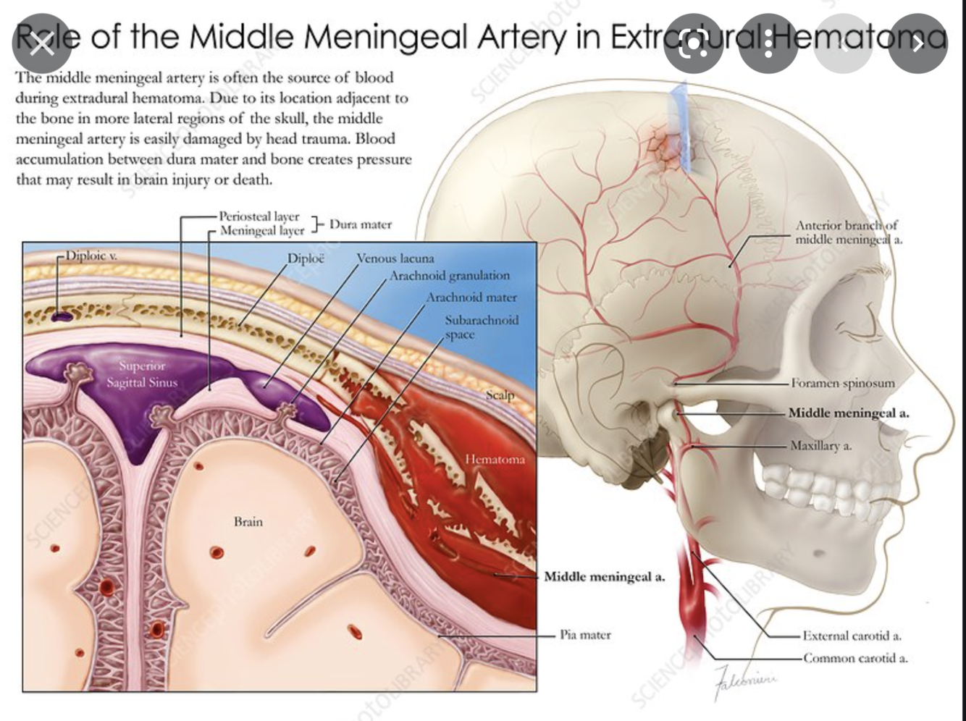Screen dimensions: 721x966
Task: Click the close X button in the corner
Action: (41, 43)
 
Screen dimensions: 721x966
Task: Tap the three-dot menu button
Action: (768, 43)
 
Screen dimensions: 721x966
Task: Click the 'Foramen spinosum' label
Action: (842, 383)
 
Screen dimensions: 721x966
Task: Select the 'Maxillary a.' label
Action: (820, 446)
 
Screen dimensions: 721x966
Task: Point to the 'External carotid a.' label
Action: (852, 636)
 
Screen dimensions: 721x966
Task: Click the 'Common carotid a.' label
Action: (854, 658)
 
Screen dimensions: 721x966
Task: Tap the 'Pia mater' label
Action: (585, 635)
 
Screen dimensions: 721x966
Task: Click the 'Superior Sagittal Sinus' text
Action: (142, 374)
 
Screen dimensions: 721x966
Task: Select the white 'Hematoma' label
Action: (495, 459)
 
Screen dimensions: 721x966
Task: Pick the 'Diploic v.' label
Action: (92, 256)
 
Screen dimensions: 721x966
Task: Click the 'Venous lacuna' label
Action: (395, 258)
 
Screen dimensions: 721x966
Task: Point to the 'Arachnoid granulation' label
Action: (449, 276)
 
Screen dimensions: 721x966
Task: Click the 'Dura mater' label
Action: (360, 224)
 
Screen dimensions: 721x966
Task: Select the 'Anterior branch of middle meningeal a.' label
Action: (849, 232)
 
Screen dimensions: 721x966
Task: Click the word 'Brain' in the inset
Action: (248, 521)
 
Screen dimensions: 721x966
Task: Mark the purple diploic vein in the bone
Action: (62, 316)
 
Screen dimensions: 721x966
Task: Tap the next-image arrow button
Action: (917, 43)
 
